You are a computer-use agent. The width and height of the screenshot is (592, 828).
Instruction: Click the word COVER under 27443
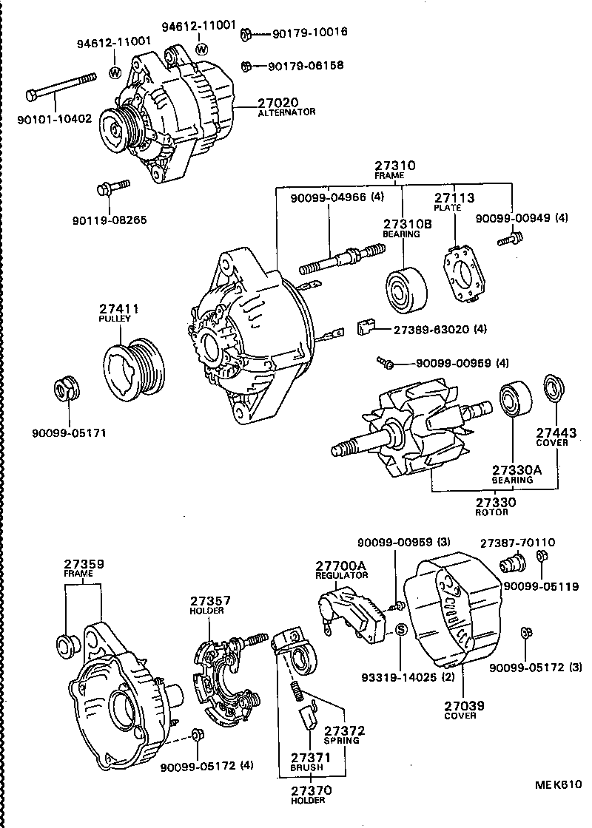tap(551, 442)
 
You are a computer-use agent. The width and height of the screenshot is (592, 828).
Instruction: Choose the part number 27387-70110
tap(518, 542)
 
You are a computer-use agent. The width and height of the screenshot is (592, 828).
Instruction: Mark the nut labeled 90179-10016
tap(249, 33)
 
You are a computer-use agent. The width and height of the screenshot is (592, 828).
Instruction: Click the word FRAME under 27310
tap(389, 177)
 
